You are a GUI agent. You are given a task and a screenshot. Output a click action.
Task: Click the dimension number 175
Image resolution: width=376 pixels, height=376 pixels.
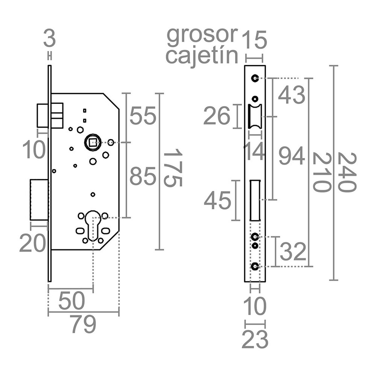pyautogui.click(x=173, y=168)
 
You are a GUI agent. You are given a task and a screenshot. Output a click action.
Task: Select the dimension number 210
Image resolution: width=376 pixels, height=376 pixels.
pyautogui.click(x=322, y=172)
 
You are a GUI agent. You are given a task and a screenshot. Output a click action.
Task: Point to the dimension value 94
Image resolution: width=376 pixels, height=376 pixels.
pyautogui.click(x=291, y=157)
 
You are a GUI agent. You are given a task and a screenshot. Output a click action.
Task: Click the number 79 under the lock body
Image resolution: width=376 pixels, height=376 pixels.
pyautogui.click(x=83, y=325)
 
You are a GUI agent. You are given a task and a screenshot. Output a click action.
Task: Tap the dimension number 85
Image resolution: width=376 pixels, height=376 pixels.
pyautogui.click(x=143, y=176)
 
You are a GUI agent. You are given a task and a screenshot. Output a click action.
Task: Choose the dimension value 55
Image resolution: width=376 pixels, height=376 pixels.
pyautogui.click(x=143, y=116)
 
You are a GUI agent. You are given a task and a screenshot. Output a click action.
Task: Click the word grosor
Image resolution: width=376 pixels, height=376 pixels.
pyautogui.click(x=201, y=35)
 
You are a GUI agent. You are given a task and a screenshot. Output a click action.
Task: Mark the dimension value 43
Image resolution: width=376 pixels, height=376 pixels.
pyautogui.click(x=291, y=95)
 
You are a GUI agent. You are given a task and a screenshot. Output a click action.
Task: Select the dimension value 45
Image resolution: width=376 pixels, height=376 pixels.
pyautogui.click(x=217, y=201)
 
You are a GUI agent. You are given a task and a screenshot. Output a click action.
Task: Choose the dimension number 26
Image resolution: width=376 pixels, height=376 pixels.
pyautogui.click(x=217, y=116)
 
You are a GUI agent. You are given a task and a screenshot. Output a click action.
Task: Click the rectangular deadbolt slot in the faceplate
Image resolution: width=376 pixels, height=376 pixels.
pyautogui.click(x=255, y=201)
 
